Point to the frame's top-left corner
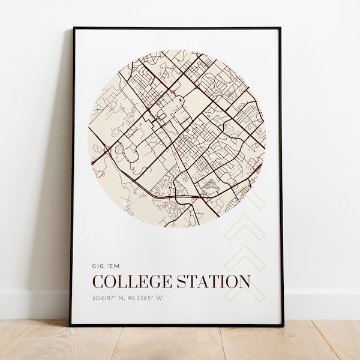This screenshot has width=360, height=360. click(x=74, y=28)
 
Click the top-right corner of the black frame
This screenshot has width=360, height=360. click(x=280, y=28)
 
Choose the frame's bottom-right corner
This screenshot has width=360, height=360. click(x=283, y=325)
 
